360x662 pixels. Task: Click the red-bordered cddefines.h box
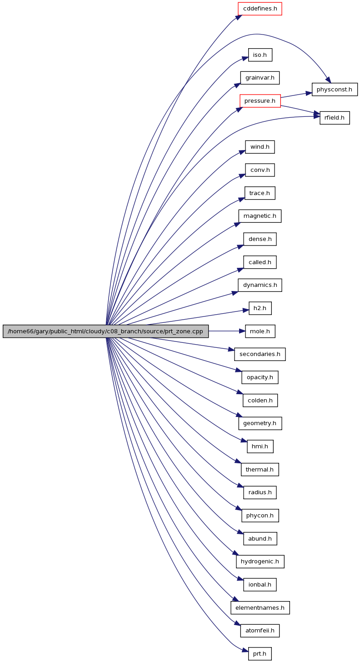pyautogui.click(x=260, y=9)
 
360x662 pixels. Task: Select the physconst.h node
pyautogui.click(x=335, y=89)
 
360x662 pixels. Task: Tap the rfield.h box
pyautogui.click(x=335, y=118)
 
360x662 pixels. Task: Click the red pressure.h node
pyautogui.click(x=260, y=101)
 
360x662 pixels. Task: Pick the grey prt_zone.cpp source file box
pyautogui.click(x=105, y=331)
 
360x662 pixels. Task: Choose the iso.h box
pyautogui.click(x=260, y=55)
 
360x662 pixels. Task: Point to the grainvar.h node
pyautogui.click(x=260, y=78)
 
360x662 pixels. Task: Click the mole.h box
pyautogui.click(x=260, y=331)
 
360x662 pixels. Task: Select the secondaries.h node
pyautogui.click(x=260, y=354)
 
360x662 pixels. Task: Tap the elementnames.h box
pyautogui.click(x=260, y=607)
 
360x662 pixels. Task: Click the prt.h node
pyautogui.click(x=260, y=653)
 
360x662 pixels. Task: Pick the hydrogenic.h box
pyautogui.click(x=260, y=561)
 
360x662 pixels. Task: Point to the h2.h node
pyautogui.click(x=260, y=308)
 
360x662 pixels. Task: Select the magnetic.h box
pyautogui.click(x=260, y=216)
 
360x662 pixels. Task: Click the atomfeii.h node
pyautogui.click(x=260, y=630)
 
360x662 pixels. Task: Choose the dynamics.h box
pyautogui.click(x=260, y=285)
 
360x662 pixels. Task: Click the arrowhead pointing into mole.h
pyautogui.click(x=242, y=331)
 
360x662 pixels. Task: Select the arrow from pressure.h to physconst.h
pyautogui.click(x=296, y=95)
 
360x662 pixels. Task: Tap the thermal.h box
pyautogui.click(x=260, y=469)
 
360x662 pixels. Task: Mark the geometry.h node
pyautogui.click(x=260, y=423)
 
